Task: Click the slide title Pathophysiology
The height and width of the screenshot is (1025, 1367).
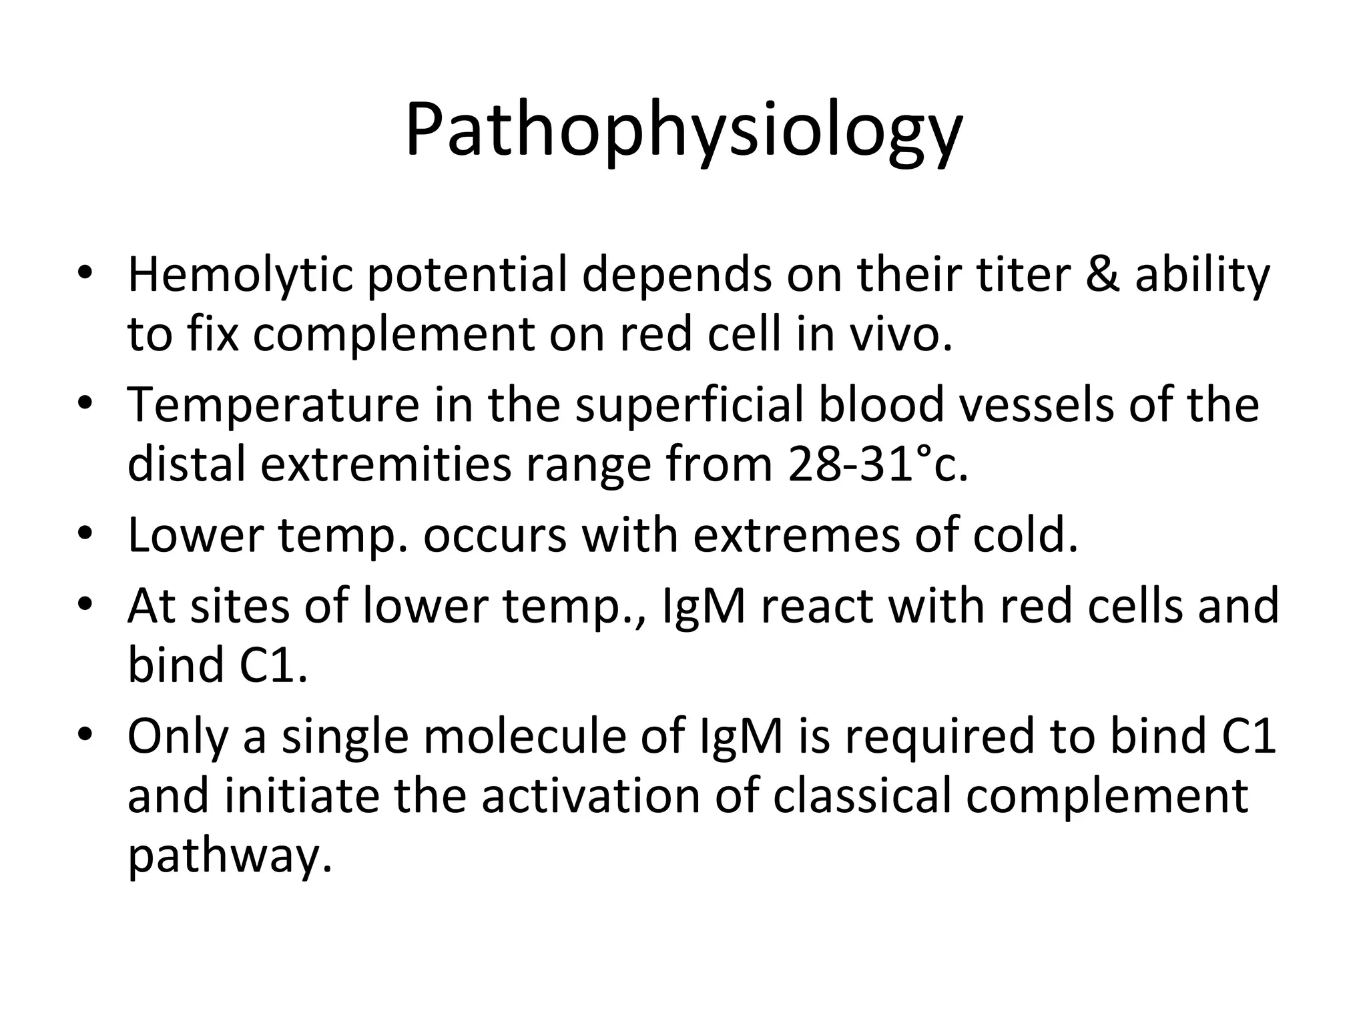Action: [683, 130]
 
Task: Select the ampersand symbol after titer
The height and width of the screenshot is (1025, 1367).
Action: [1102, 275]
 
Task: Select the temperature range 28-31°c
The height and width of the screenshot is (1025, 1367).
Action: [877, 464]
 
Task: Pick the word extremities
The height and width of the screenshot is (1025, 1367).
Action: [385, 464]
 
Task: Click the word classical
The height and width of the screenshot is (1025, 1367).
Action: [862, 795]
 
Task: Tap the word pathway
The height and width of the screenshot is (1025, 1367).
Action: [229, 856]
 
